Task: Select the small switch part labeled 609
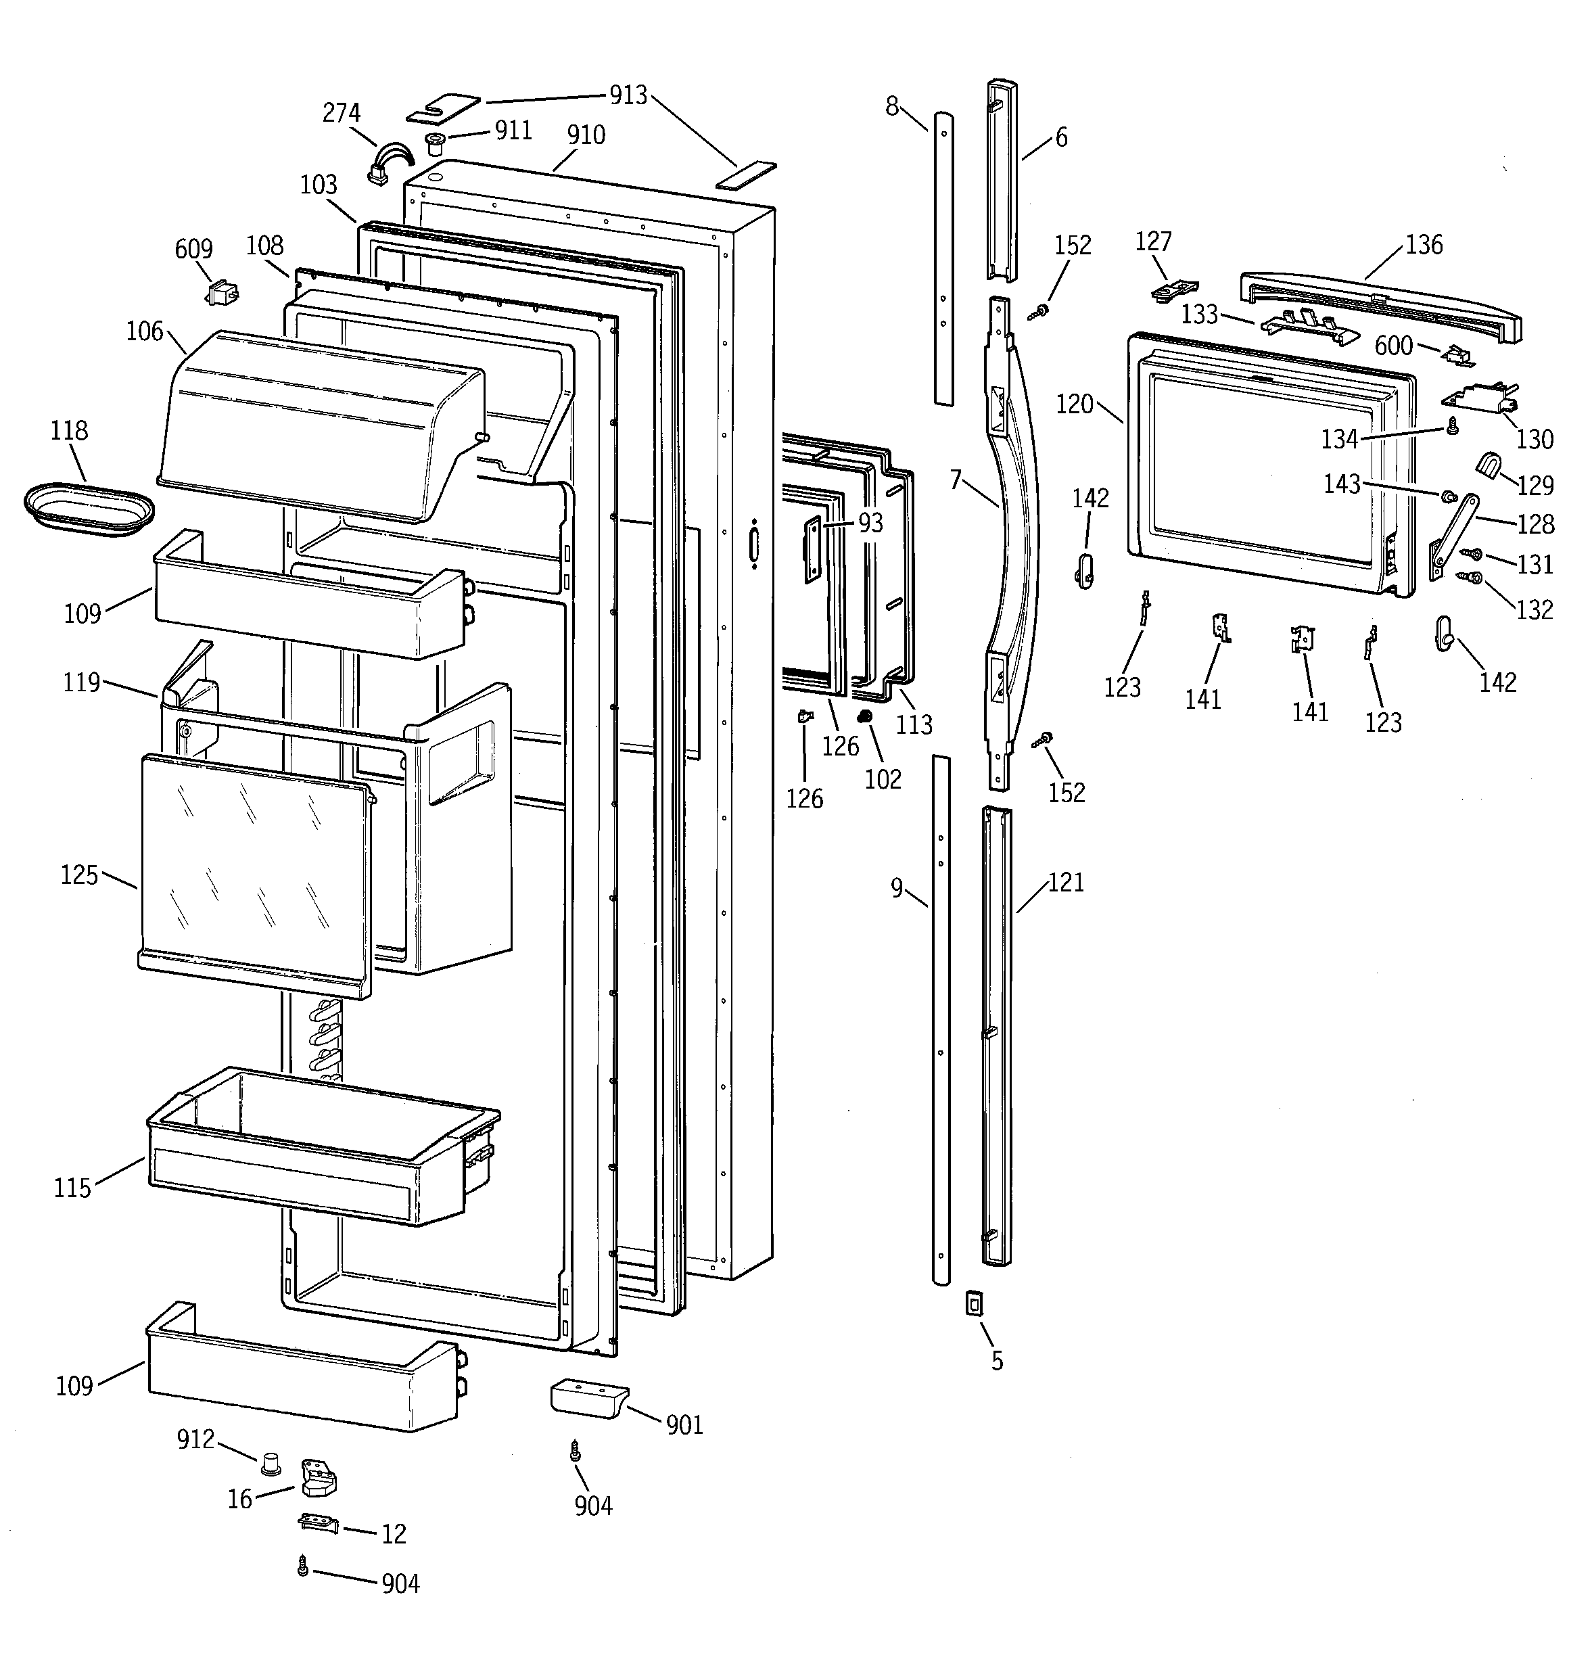pyautogui.click(x=223, y=293)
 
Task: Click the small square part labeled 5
pyautogui.click(x=975, y=1304)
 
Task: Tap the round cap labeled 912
pyautogui.click(x=271, y=1463)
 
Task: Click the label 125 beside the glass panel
pyautogui.click(x=79, y=875)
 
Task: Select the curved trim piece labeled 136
pyautogui.click(x=1381, y=305)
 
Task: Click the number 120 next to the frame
pyautogui.click(x=1075, y=404)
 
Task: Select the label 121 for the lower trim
pyautogui.click(x=1067, y=883)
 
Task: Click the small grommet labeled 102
pyautogui.click(x=863, y=716)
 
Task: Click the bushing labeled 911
pyautogui.click(x=436, y=141)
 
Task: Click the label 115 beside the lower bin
pyautogui.click(x=72, y=1188)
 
